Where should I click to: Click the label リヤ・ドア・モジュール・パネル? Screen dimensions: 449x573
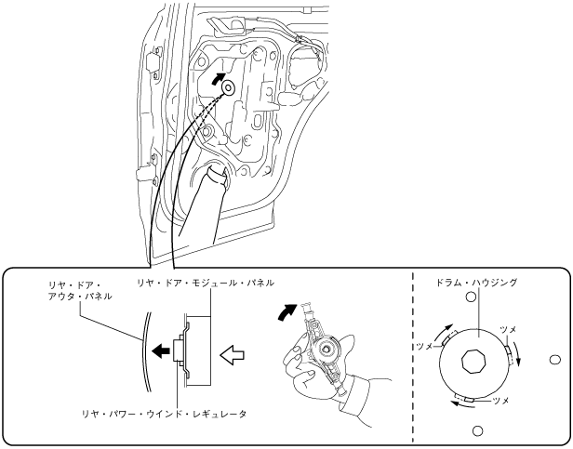tap(205, 282)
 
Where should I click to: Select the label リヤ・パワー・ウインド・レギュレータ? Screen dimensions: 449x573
tap(163, 405)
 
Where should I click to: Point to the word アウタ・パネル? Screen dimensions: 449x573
tap(81, 296)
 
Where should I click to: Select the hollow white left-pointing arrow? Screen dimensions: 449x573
tap(232, 352)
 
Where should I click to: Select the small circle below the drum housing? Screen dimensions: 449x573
tap(478, 429)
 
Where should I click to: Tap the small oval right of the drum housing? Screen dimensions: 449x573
tap(555, 359)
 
